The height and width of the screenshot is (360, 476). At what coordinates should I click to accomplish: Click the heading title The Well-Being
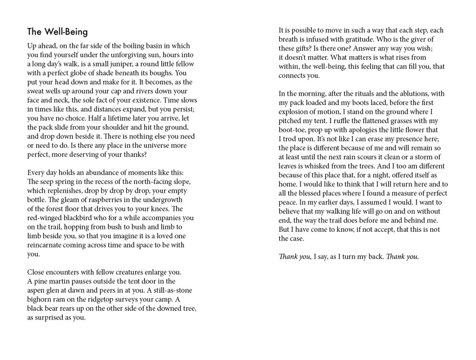click(x=57, y=32)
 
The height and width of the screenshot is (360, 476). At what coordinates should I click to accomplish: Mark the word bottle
click(x=36, y=200)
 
